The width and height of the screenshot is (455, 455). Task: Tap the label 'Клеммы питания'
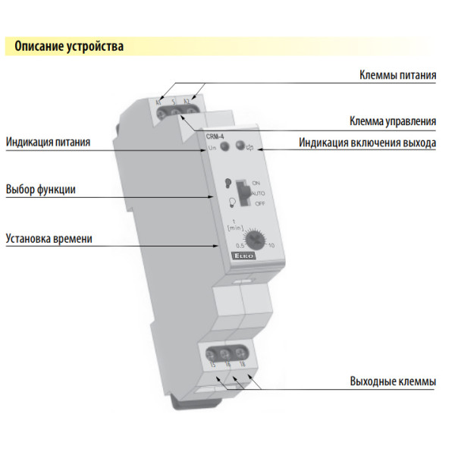pyautogui.click(x=397, y=76)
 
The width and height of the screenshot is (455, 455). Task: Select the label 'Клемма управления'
pyautogui.click(x=392, y=121)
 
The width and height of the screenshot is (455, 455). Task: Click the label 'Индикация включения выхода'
pyautogui.click(x=367, y=142)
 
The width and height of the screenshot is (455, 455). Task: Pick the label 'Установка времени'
pyautogui.click(x=49, y=238)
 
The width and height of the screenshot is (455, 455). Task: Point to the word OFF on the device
pyautogui.click(x=259, y=204)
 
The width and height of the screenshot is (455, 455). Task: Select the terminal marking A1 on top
pyautogui.click(x=158, y=101)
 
